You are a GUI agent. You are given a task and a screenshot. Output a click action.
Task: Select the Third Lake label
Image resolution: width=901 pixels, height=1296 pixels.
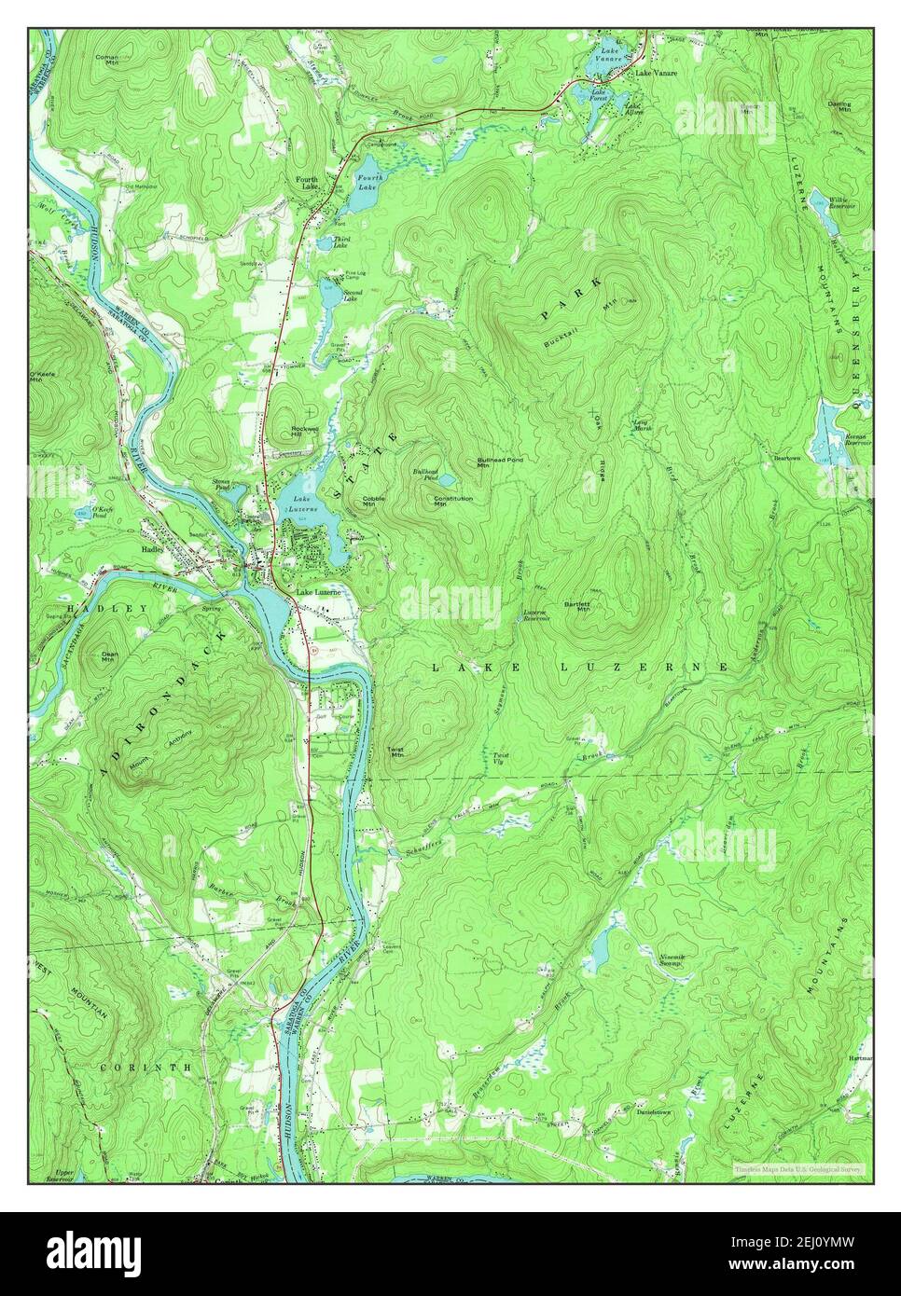pos(340,244)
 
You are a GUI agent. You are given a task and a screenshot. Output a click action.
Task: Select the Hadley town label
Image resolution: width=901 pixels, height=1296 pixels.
pos(152,550)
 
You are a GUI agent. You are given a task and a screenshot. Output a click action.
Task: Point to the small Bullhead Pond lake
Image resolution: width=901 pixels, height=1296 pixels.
pos(447,479)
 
